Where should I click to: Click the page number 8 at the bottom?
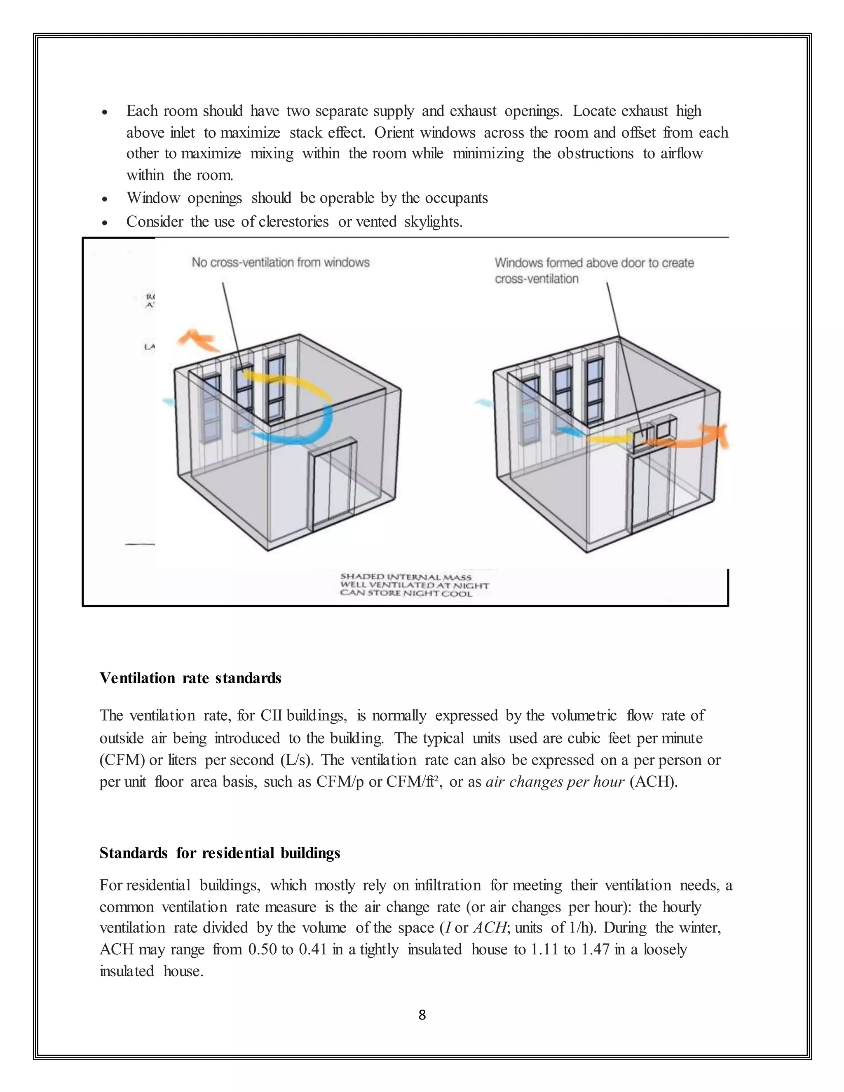click(422, 1015)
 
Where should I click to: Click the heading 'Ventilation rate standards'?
click(190, 678)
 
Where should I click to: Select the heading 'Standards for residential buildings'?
click(220, 853)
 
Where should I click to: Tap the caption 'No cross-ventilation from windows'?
click(281, 262)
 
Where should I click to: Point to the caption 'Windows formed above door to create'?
click(594, 263)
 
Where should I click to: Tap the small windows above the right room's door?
click(652, 431)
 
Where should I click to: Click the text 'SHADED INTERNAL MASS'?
click(406, 577)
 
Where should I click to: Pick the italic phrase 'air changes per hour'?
click(555, 781)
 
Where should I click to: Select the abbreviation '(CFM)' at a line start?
click(122, 760)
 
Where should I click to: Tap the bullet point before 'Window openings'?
click(105, 199)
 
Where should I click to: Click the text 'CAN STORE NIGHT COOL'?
click(406, 593)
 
